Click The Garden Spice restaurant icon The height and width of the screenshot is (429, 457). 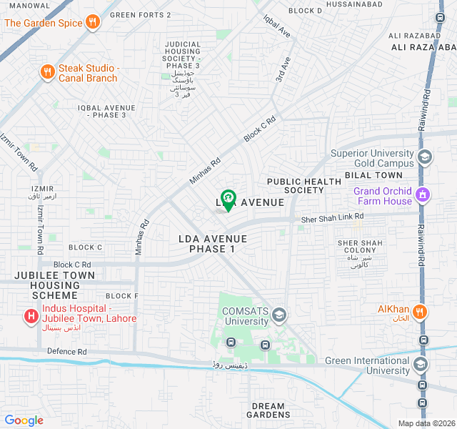91,23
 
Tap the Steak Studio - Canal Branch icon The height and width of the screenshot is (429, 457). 47,71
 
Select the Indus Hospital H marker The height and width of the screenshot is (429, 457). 31,315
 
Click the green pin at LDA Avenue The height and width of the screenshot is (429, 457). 228,198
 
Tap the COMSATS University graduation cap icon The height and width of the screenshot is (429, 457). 279,315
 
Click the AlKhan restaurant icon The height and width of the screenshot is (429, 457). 420,311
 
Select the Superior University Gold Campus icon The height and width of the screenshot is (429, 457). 425,157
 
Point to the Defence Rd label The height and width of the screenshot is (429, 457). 66,352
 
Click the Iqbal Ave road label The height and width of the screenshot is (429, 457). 277,27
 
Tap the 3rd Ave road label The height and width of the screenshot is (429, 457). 284,69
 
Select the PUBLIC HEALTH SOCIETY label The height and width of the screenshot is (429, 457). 303,186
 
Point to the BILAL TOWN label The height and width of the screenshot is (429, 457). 373,175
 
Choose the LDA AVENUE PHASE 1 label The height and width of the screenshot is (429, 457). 212,244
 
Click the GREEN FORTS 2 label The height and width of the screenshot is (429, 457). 141,14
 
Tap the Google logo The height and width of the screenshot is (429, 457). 24,420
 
